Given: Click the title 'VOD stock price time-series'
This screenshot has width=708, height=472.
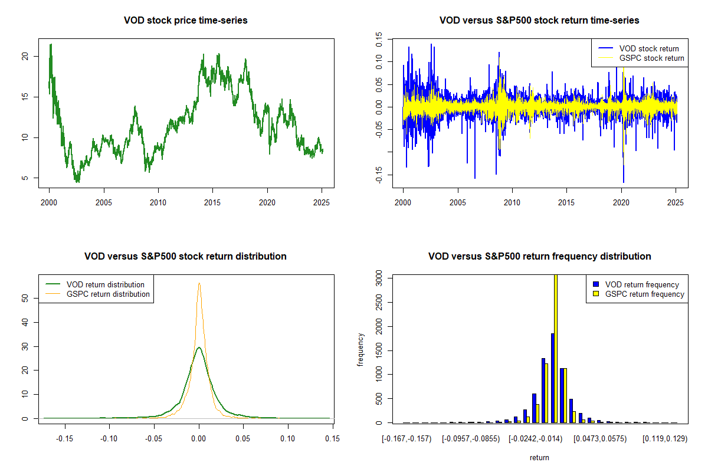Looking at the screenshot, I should point(185,21).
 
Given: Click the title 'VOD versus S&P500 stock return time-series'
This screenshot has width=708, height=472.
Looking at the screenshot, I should point(539,21).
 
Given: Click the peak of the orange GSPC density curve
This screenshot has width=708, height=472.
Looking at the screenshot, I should point(199,283).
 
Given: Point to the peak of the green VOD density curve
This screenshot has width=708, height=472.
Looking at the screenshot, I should point(199,348).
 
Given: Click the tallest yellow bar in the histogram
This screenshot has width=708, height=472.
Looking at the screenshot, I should point(555,348).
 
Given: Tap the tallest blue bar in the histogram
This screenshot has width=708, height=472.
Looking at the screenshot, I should point(552,378).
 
